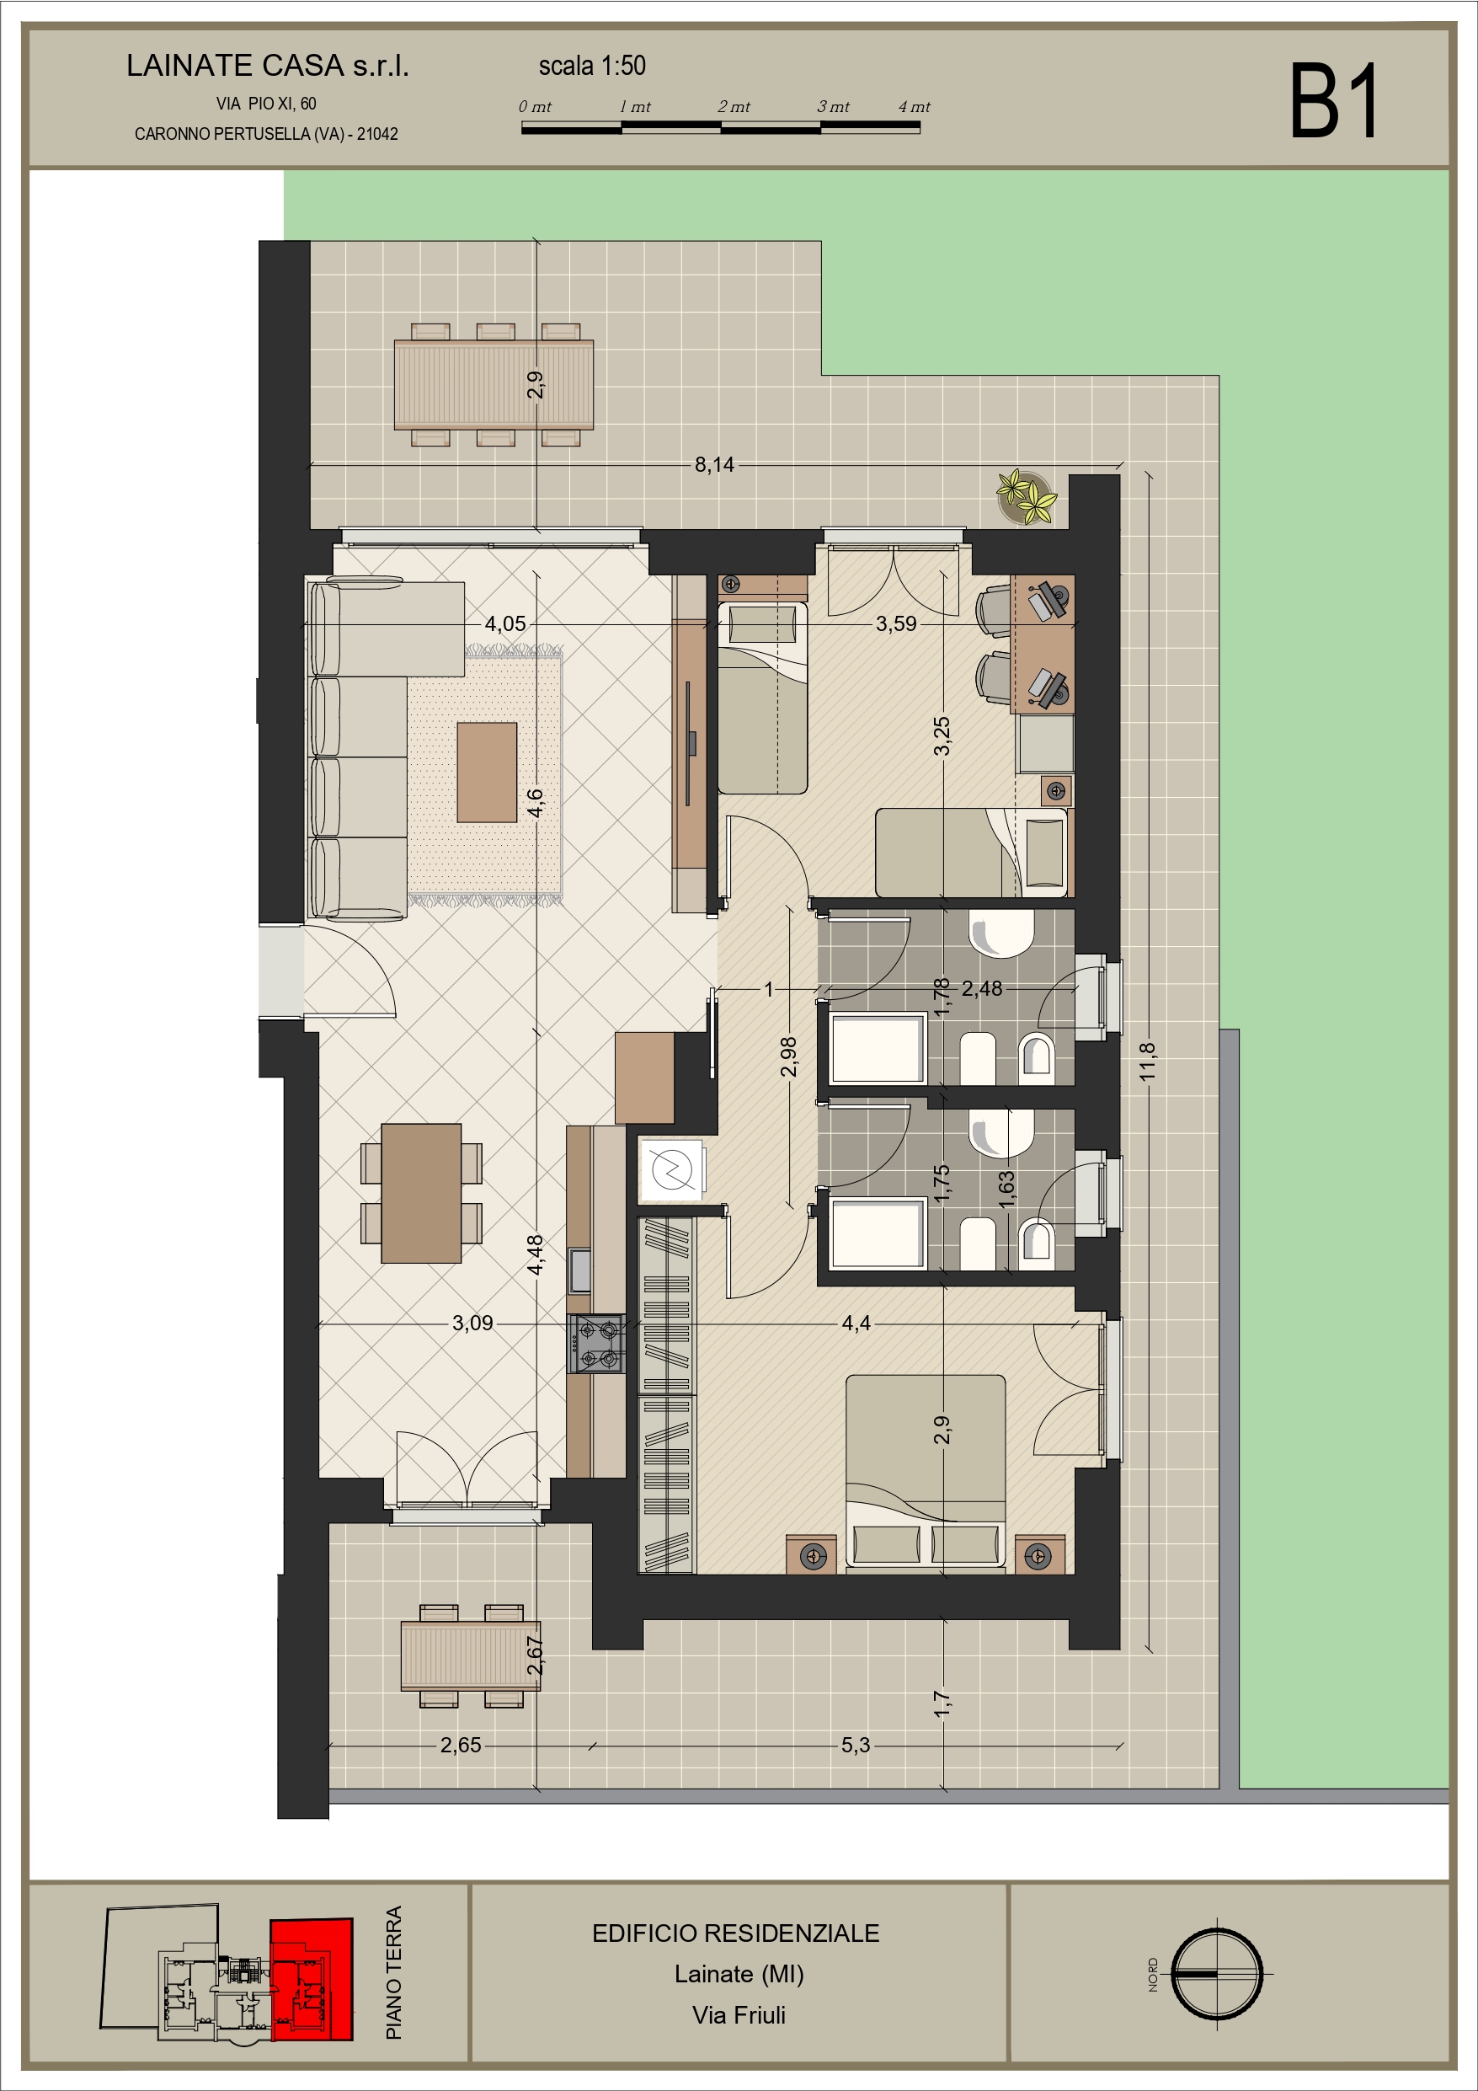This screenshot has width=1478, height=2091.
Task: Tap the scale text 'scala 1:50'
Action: click(x=592, y=66)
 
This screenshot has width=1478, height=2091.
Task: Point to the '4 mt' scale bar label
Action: click(x=915, y=106)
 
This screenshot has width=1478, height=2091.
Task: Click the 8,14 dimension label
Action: click(x=714, y=464)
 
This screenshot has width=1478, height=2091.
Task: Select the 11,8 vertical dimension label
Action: click(x=1146, y=1062)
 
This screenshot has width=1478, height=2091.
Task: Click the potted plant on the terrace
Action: click(x=1027, y=496)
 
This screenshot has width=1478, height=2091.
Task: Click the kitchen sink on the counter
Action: click(x=580, y=1270)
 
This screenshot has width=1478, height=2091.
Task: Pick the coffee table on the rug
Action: click(x=488, y=773)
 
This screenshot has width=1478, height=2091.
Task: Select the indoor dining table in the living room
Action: click(x=421, y=1193)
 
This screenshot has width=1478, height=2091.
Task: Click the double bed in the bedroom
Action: click(x=926, y=1473)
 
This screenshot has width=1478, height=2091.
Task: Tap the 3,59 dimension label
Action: click(x=896, y=623)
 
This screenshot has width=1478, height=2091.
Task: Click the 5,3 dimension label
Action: click(x=855, y=1745)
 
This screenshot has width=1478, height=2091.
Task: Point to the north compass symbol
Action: click(x=1216, y=1975)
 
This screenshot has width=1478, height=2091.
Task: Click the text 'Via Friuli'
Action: click(x=739, y=2015)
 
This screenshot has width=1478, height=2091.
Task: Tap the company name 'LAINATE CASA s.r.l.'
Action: click(x=268, y=66)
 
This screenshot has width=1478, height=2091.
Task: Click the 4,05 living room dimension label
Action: click(x=504, y=623)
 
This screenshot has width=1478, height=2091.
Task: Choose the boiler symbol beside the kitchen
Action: click(x=672, y=1168)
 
